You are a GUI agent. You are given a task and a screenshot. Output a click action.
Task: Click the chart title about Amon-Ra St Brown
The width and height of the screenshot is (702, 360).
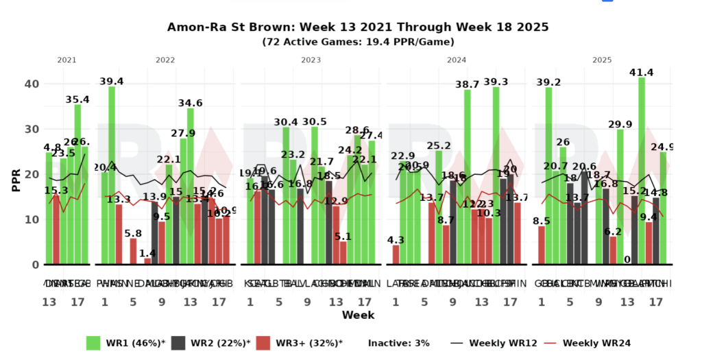357,27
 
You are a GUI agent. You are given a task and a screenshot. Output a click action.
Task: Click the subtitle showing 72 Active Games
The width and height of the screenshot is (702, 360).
358,42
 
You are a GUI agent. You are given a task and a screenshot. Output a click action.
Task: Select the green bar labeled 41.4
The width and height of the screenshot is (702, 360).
642,171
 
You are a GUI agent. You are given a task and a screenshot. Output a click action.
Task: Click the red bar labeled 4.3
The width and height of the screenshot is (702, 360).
396,254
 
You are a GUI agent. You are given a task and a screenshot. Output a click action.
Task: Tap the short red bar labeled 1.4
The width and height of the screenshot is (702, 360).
147,261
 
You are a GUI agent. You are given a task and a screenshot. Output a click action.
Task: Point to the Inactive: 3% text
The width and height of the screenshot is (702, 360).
398,343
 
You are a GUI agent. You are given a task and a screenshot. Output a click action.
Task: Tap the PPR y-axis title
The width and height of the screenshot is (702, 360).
15,175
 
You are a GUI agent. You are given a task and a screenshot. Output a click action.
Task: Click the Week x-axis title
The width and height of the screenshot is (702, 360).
358,315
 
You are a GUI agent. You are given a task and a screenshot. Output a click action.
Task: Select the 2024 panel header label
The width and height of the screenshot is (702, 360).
456,60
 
